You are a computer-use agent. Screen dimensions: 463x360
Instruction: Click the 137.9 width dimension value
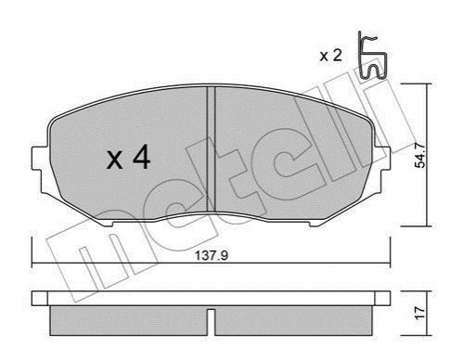click(x=212, y=255)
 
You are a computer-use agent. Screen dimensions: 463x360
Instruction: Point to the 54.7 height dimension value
click(x=420, y=156)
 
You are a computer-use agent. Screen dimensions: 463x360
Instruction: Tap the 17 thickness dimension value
click(x=420, y=313)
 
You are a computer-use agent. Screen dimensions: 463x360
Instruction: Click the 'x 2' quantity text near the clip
click(x=330, y=56)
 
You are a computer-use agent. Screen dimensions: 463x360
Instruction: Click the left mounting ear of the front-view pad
click(x=39, y=159)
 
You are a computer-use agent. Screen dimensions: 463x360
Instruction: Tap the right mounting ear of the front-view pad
click(x=382, y=159)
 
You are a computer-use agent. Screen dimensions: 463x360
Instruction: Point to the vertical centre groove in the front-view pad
click(x=211, y=149)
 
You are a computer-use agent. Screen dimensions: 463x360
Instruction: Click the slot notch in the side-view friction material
click(x=211, y=322)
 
